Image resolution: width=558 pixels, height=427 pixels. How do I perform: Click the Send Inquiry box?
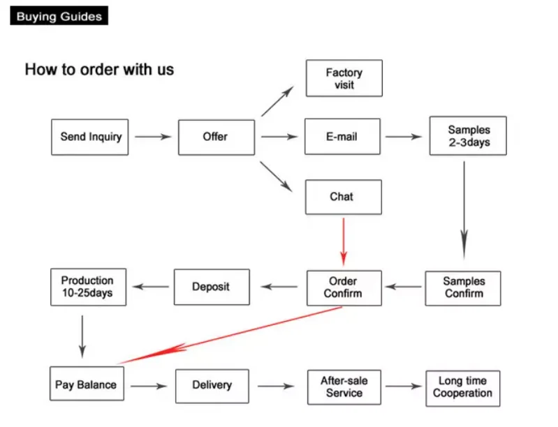pyautogui.click(x=90, y=137)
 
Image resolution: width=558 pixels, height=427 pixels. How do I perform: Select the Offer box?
pyautogui.click(x=215, y=137)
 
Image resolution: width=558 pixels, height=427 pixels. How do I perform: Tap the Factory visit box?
pyautogui.click(x=344, y=78)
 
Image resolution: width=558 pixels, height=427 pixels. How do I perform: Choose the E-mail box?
pyautogui.click(x=342, y=137)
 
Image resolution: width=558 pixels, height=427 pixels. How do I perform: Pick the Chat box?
pyautogui.click(x=343, y=197)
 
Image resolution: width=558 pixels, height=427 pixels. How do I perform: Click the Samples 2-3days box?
pyautogui.click(x=468, y=136)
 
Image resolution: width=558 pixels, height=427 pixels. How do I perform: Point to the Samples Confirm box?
pyautogui.click(x=463, y=287)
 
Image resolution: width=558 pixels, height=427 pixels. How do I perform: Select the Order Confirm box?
pyautogui.click(x=344, y=287)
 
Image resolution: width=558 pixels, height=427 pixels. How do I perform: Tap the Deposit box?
pyautogui.click(x=210, y=287)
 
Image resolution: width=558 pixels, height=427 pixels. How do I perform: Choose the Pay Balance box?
pyautogui.click(x=86, y=385)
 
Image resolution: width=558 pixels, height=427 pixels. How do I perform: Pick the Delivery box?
pyautogui.click(x=212, y=385)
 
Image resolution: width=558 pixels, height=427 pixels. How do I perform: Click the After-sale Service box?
pyautogui.click(x=344, y=387)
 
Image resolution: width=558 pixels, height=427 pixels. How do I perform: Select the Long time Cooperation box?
pyautogui.click(x=462, y=387)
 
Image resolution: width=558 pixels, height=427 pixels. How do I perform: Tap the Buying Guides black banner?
pyautogui.click(x=59, y=15)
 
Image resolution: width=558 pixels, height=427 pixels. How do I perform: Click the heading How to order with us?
pyautogui.click(x=99, y=70)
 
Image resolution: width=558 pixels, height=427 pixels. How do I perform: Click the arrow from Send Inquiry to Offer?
pyautogui.click(x=153, y=137)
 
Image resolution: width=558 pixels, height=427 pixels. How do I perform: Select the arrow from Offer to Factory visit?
pyautogui.click(x=278, y=102)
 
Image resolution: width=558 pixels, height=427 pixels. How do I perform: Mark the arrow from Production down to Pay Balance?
pyautogui.click(x=82, y=336)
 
